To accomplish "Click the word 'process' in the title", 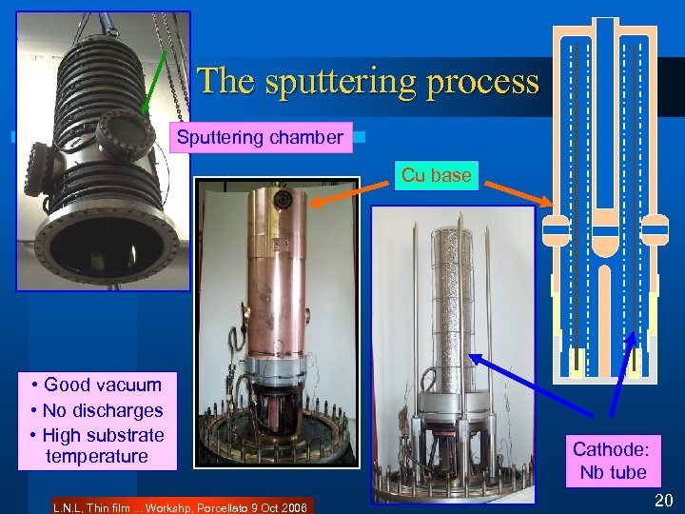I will [483, 82].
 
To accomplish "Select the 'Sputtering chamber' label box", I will [260, 137].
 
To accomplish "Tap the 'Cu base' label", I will [437, 175].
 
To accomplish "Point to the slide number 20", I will [663, 501].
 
